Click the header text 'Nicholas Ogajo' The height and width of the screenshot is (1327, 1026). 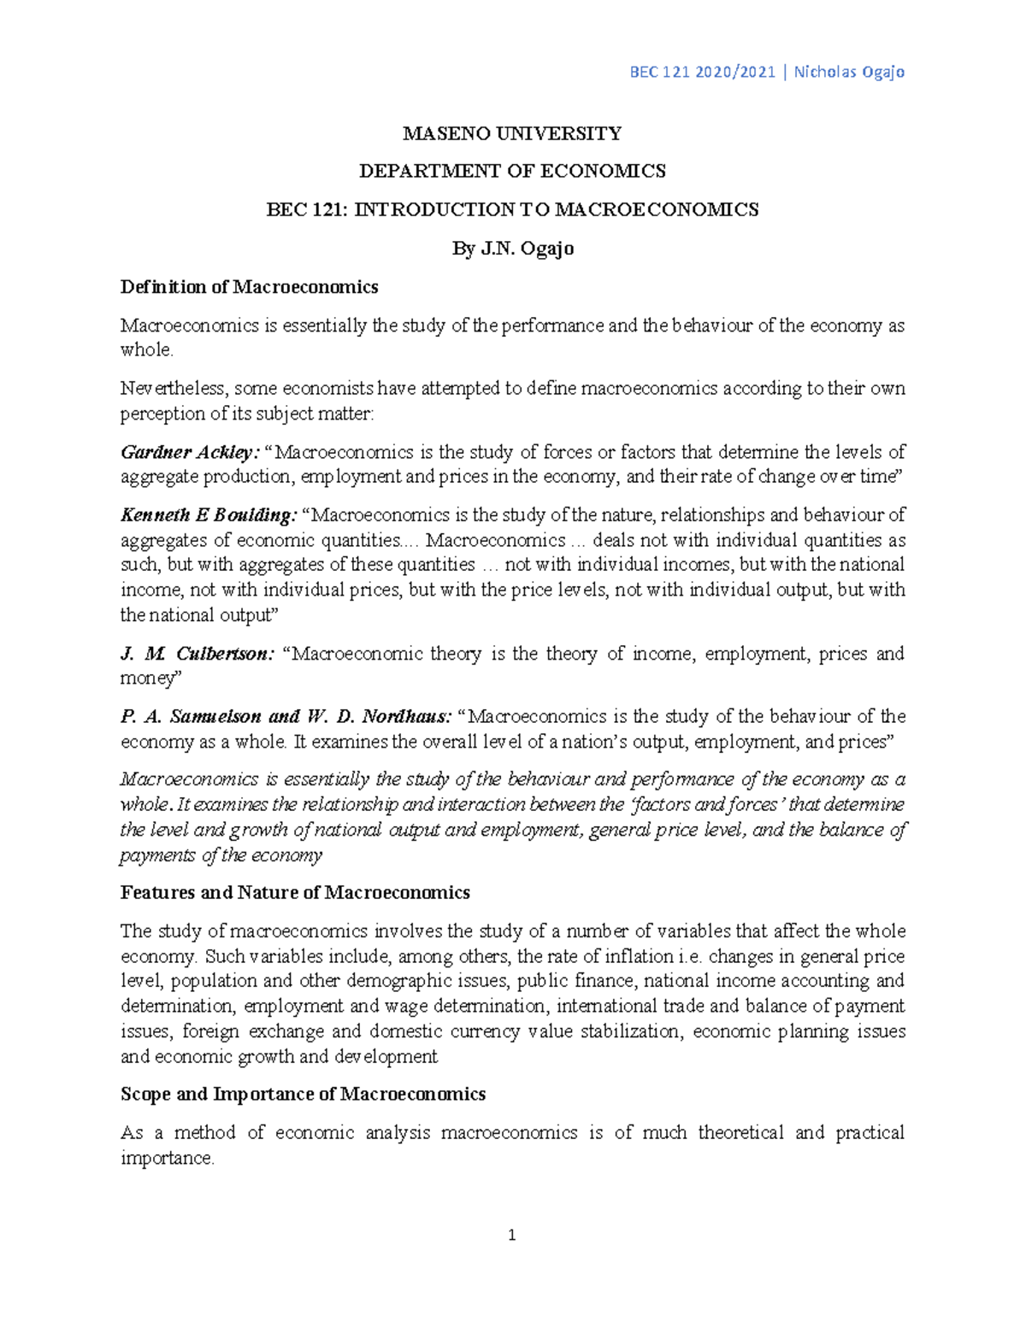(x=849, y=72)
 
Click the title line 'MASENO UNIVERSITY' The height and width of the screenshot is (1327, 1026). (x=512, y=133)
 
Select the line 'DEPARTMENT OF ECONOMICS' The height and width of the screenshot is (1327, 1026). (x=512, y=172)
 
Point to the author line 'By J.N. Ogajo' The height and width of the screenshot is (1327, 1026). (x=512, y=249)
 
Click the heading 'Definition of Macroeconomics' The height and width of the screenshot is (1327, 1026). (x=249, y=287)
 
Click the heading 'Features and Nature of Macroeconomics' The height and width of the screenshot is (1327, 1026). (x=295, y=893)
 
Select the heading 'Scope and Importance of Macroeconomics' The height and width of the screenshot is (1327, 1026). (x=303, y=1095)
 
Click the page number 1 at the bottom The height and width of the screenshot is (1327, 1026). (x=512, y=1235)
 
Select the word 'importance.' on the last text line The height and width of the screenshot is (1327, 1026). (x=167, y=1159)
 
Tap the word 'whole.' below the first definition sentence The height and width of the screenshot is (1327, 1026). (x=146, y=350)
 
